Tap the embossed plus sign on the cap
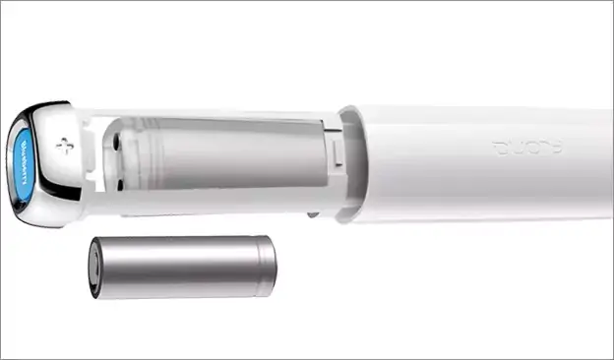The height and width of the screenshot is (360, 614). pyautogui.click(x=65, y=147)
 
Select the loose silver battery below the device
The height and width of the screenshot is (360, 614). pyautogui.click(x=182, y=266)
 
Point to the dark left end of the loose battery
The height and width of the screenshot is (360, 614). pyautogui.click(x=95, y=267)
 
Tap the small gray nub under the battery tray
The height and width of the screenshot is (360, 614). pyautogui.click(x=313, y=212)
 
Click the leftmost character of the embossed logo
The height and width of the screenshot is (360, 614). pyautogui.click(x=499, y=150)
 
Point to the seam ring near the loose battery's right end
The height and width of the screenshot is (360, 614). pyautogui.click(x=259, y=266)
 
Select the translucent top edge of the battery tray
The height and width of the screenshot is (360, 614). pyautogui.click(x=216, y=117)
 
